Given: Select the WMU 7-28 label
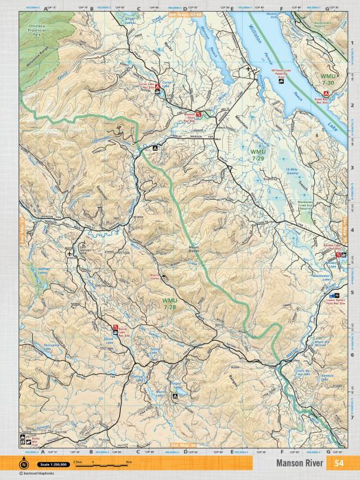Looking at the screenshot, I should click(x=170, y=302).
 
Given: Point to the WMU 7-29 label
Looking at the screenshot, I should click(x=257, y=154).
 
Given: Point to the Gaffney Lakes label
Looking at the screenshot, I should click(x=45, y=270).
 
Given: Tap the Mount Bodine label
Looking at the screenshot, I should click(x=194, y=249).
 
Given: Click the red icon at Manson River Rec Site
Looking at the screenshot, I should click(x=199, y=112).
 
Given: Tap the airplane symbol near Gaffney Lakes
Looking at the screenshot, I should click(x=70, y=254).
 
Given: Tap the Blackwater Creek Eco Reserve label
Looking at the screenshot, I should click(x=310, y=205).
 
